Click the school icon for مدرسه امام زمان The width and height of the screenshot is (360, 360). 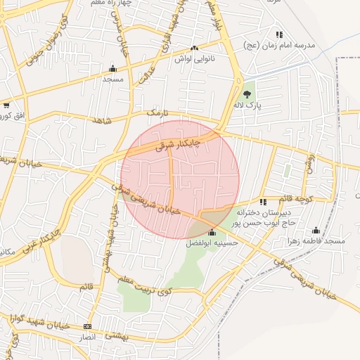(280, 34)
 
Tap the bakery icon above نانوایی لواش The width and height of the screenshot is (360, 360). (194, 49)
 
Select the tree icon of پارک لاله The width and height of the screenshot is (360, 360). (247, 94)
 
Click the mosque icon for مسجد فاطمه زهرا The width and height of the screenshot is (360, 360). (316, 230)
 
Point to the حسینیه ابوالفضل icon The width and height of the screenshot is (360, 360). (212, 233)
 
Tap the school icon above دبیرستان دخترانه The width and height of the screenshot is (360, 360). (264, 202)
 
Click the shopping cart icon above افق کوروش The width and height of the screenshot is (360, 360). (6, 105)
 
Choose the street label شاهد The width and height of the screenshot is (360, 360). (102, 121)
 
